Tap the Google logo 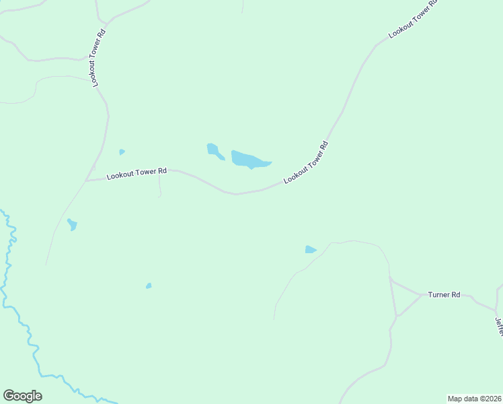tap(22, 396)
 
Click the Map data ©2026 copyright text tap(474, 398)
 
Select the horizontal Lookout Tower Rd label tap(136, 173)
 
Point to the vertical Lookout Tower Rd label tap(97, 57)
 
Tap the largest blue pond tap(247, 160)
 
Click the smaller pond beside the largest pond tap(215, 151)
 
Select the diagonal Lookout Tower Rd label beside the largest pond tap(306, 162)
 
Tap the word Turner tap(438, 295)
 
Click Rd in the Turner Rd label tap(455, 295)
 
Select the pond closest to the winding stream tap(72, 224)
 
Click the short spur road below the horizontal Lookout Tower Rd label tap(159, 186)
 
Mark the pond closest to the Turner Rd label tap(310, 250)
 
